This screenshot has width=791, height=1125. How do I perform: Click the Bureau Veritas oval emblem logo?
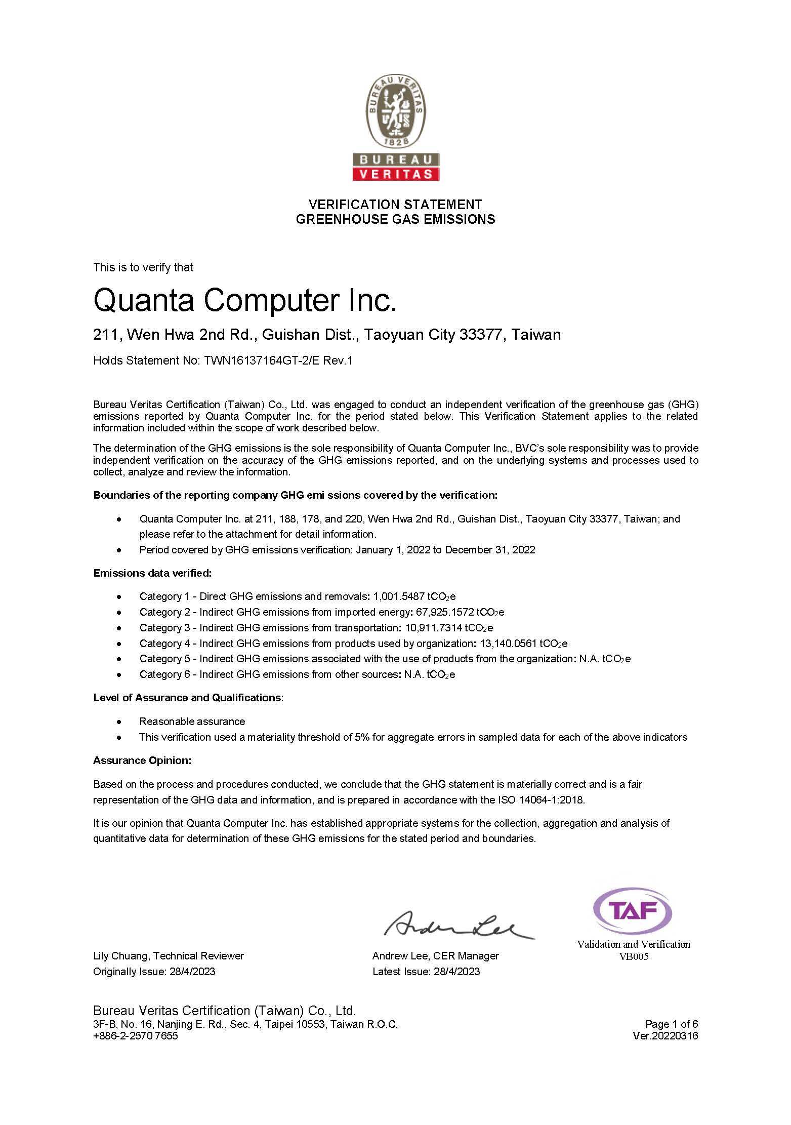(x=396, y=111)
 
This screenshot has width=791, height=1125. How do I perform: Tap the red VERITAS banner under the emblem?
(x=396, y=174)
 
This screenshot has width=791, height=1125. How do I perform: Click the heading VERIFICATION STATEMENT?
(x=395, y=205)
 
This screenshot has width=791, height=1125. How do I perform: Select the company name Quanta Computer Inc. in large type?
(x=244, y=300)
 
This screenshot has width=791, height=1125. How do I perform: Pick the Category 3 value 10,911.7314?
(x=434, y=628)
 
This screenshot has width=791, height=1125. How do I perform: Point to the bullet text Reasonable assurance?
(x=192, y=721)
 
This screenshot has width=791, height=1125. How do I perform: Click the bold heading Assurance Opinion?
(x=142, y=760)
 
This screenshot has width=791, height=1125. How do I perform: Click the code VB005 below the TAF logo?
(x=633, y=956)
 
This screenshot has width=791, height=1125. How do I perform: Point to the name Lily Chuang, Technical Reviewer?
(x=169, y=956)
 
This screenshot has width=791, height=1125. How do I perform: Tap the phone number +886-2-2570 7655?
(x=136, y=1035)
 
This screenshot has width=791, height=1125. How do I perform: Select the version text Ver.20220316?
(x=665, y=1035)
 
